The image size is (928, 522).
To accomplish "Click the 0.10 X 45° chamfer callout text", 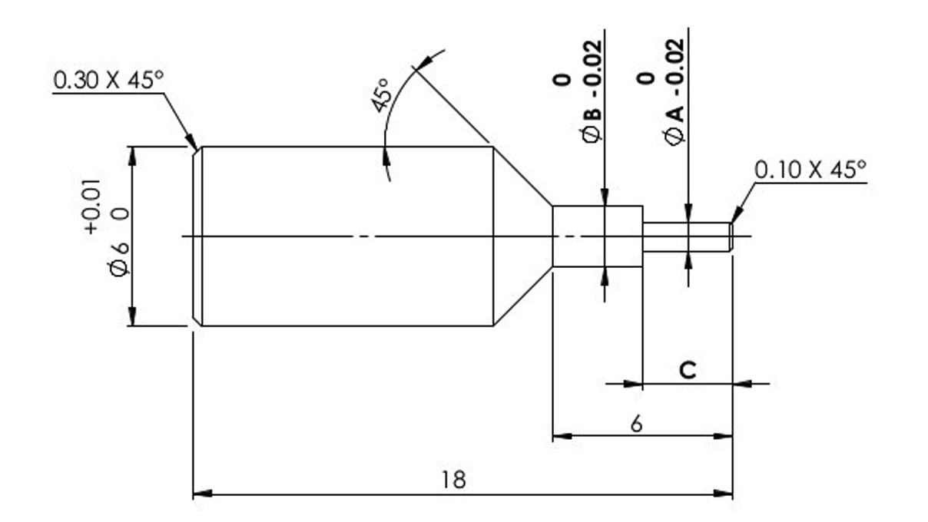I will pyautogui.click(x=810, y=170).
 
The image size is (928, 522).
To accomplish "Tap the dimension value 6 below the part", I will pyautogui.click(x=637, y=424).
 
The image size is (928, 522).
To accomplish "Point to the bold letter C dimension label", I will pyautogui.click(x=688, y=370).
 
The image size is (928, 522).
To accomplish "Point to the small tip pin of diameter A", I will pyautogui.click(x=685, y=236).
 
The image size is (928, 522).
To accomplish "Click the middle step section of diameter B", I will pyautogui.click(x=597, y=236).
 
